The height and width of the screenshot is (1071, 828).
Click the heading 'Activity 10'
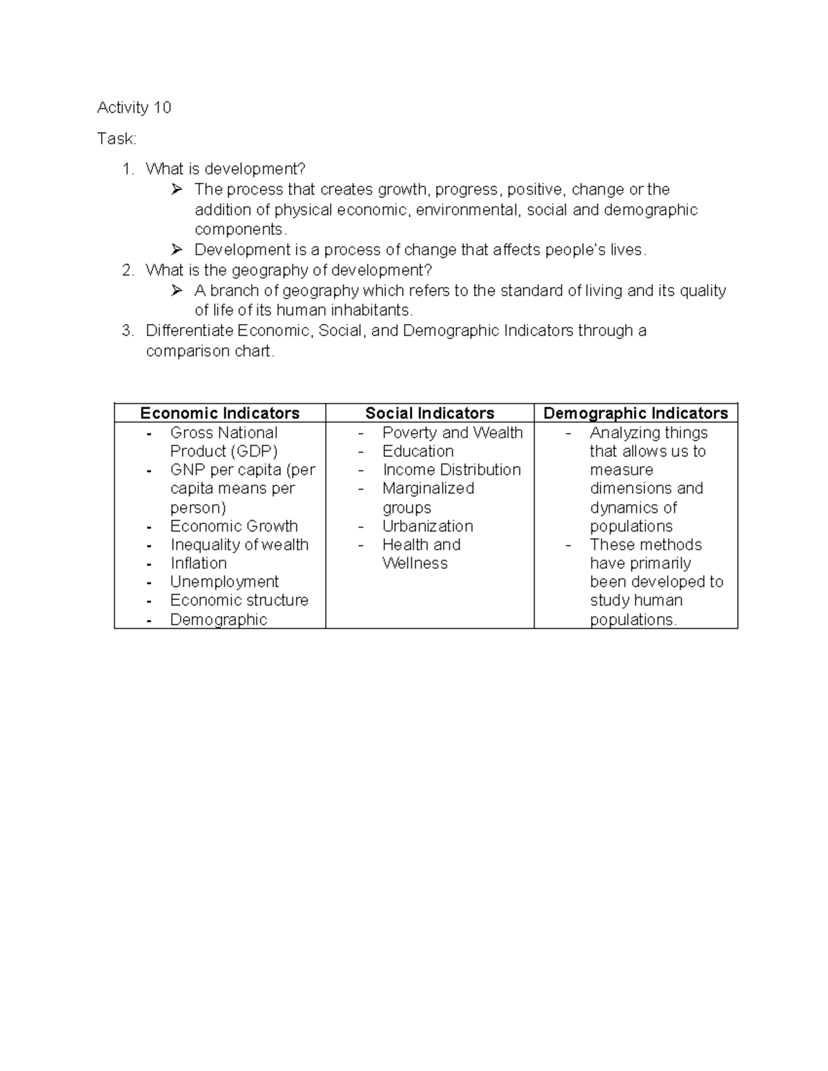pyautogui.click(x=134, y=108)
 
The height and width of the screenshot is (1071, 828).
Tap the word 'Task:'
pyautogui.click(x=117, y=139)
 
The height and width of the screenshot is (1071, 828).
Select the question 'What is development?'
pyautogui.click(x=225, y=169)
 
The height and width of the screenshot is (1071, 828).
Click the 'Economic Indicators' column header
pyautogui.click(x=219, y=413)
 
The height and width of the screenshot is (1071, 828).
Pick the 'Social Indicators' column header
pyautogui.click(x=429, y=413)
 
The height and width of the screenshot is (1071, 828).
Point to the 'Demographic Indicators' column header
pyautogui.click(x=635, y=413)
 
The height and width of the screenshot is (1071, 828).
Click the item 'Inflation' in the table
pyautogui.click(x=198, y=563)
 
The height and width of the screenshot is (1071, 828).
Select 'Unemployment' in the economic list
pyautogui.click(x=224, y=581)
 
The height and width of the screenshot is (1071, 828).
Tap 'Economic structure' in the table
pyautogui.click(x=239, y=600)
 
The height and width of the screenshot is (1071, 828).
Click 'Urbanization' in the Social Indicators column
pyautogui.click(x=427, y=526)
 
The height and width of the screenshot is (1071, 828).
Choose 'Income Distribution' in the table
pyautogui.click(x=451, y=470)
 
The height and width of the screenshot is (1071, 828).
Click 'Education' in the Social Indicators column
pyautogui.click(x=417, y=451)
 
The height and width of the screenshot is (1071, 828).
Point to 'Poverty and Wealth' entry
pyautogui.click(x=452, y=432)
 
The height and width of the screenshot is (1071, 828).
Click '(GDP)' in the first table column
pyautogui.click(x=254, y=451)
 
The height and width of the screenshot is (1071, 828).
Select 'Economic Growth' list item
pyautogui.click(x=234, y=526)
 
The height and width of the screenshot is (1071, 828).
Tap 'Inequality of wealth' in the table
pyautogui.click(x=239, y=545)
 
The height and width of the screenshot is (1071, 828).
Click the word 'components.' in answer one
pyautogui.click(x=240, y=230)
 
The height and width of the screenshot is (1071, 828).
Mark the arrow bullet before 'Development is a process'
pyautogui.click(x=177, y=249)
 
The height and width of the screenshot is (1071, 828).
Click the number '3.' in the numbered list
pyautogui.click(x=127, y=331)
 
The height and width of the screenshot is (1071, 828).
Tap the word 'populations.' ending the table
pyautogui.click(x=633, y=619)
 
